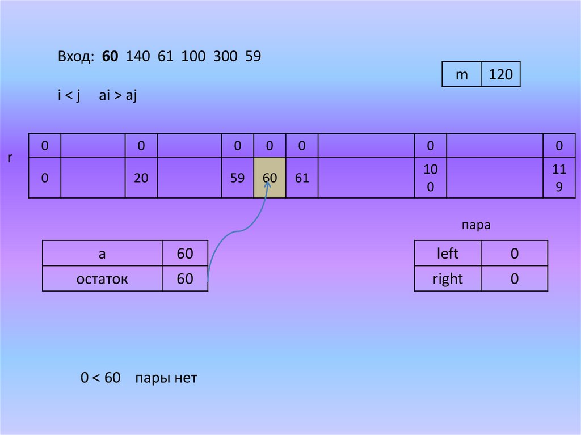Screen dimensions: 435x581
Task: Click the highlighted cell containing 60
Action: coord(270,178)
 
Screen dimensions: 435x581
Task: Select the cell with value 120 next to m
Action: coord(500,74)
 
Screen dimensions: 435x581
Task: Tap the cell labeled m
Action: coord(462,74)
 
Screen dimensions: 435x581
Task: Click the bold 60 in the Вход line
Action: coord(111,57)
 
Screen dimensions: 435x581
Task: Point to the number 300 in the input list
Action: coord(224,57)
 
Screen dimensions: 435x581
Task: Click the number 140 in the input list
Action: coord(137,57)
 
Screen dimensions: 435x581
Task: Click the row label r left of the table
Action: coord(10,158)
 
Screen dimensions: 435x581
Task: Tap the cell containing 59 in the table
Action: coord(238,178)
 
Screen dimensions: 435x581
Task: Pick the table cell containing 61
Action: coord(302,178)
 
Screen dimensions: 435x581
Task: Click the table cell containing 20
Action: coord(141,178)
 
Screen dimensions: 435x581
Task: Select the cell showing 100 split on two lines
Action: coord(431,178)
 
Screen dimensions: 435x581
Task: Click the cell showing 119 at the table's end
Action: coord(559,178)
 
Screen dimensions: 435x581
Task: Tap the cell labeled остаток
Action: coord(102,279)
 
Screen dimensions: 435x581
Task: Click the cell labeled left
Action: coord(448,254)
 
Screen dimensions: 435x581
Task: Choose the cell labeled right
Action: coord(448,279)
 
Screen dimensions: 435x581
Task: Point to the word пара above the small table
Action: coord(476,225)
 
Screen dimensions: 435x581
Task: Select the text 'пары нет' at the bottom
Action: coord(166,378)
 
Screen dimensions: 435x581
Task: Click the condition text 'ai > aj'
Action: coord(118,96)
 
